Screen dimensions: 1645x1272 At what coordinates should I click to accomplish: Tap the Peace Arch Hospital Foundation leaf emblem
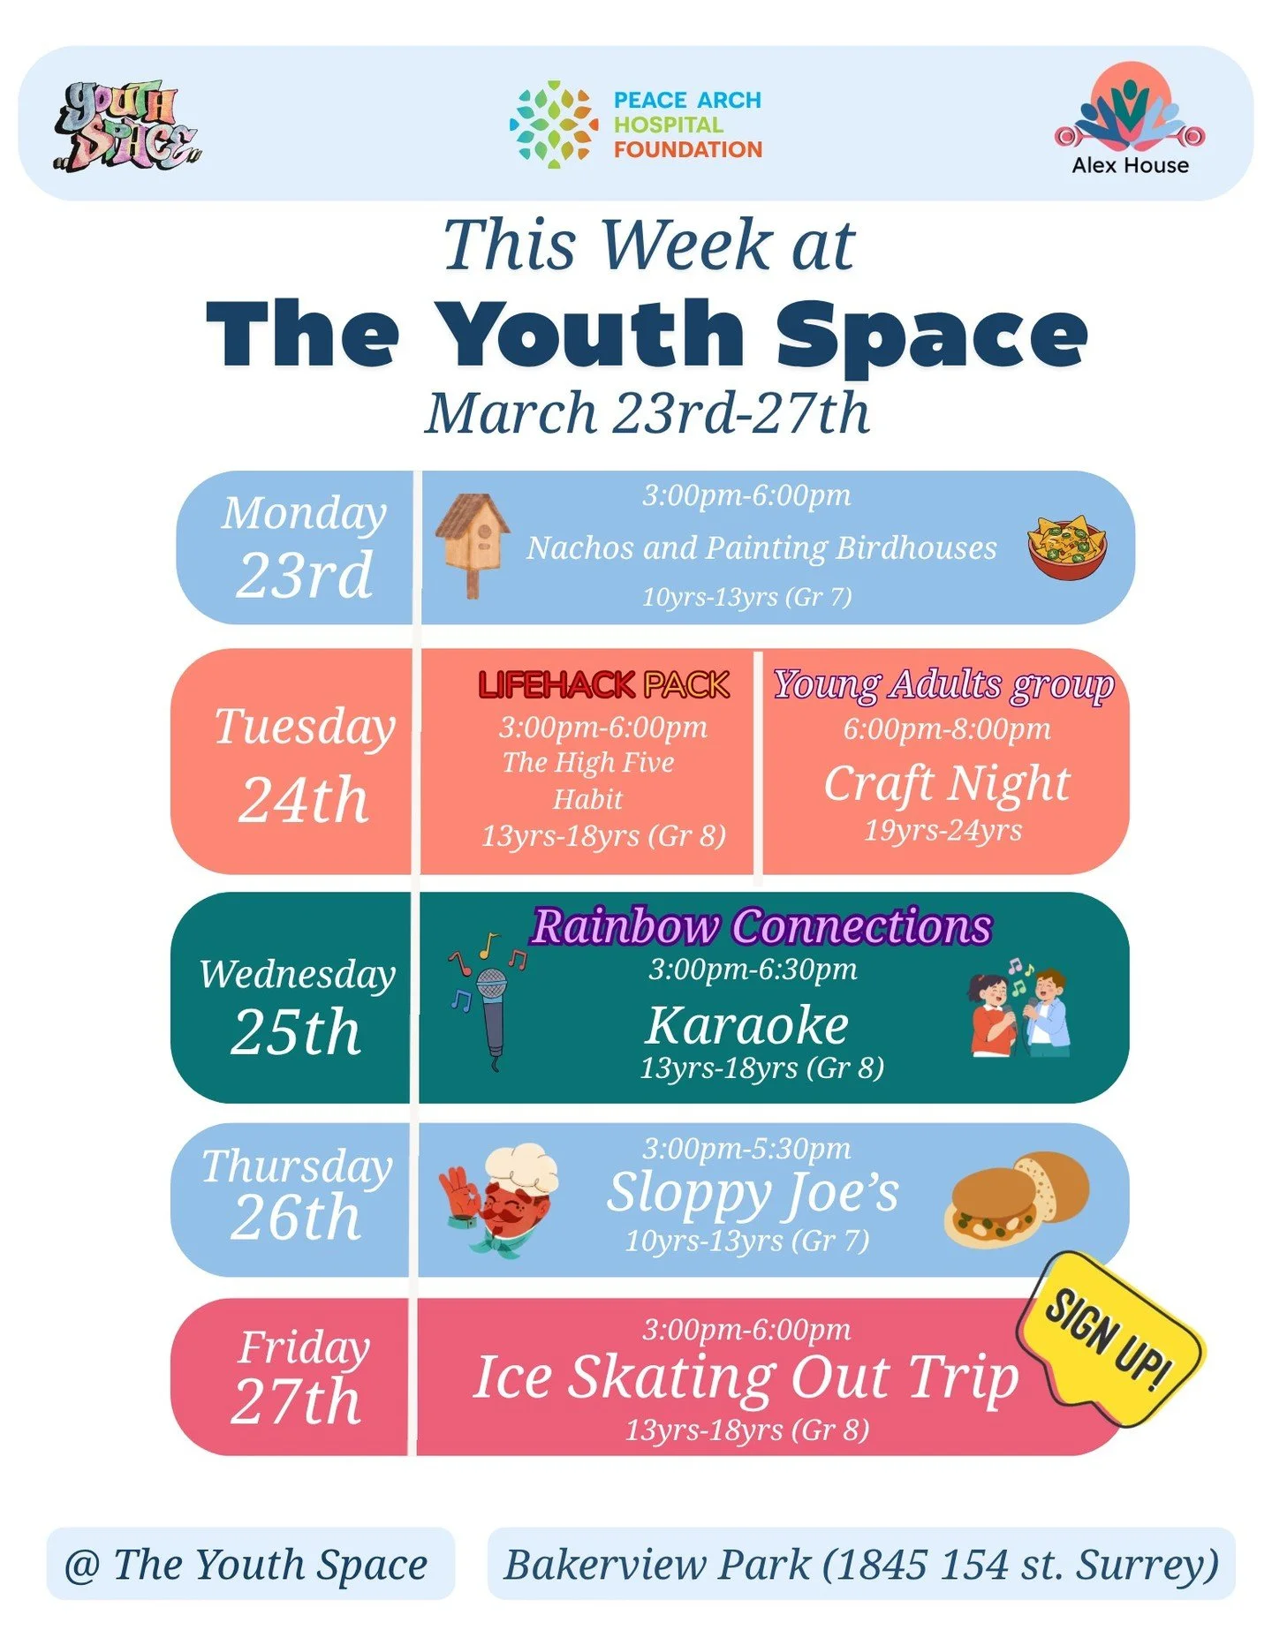click(554, 125)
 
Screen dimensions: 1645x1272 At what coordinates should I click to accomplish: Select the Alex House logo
click(1130, 120)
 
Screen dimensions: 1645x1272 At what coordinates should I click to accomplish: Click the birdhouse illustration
click(473, 542)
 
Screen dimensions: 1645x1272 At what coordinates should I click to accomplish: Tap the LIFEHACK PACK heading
click(603, 685)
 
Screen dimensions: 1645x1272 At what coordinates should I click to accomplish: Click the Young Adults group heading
click(943, 685)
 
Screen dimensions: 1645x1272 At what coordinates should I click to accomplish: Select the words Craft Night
click(946, 783)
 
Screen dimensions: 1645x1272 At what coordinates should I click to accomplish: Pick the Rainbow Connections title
click(761, 927)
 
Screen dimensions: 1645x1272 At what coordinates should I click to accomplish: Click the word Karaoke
click(747, 1025)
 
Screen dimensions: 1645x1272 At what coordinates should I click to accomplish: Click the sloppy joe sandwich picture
click(1016, 1199)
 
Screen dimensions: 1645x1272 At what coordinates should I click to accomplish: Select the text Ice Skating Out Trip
click(746, 1377)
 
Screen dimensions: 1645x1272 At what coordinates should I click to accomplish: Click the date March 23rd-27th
click(647, 413)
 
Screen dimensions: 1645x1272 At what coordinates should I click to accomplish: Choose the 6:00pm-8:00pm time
click(946, 729)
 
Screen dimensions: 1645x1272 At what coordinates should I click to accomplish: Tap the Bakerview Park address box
click(860, 1564)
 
